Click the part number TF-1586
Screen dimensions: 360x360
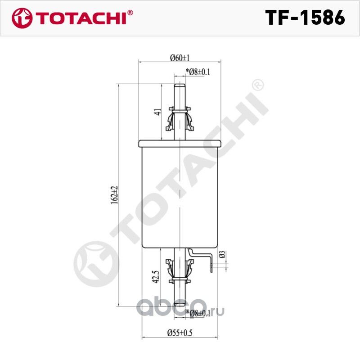point(305,18)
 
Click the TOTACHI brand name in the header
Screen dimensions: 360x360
point(81,18)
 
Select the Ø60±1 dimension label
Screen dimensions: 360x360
point(180,57)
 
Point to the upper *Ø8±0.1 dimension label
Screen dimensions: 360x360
point(198,72)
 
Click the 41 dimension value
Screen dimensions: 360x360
point(157,112)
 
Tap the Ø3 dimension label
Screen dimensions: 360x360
point(221,255)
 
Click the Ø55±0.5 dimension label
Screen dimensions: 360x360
point(180,333)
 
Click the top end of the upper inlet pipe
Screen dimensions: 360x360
point(180,86)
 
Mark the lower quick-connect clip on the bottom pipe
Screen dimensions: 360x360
point(180,272)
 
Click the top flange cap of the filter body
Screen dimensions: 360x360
point(180,143)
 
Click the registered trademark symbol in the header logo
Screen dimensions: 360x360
point(130,13)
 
